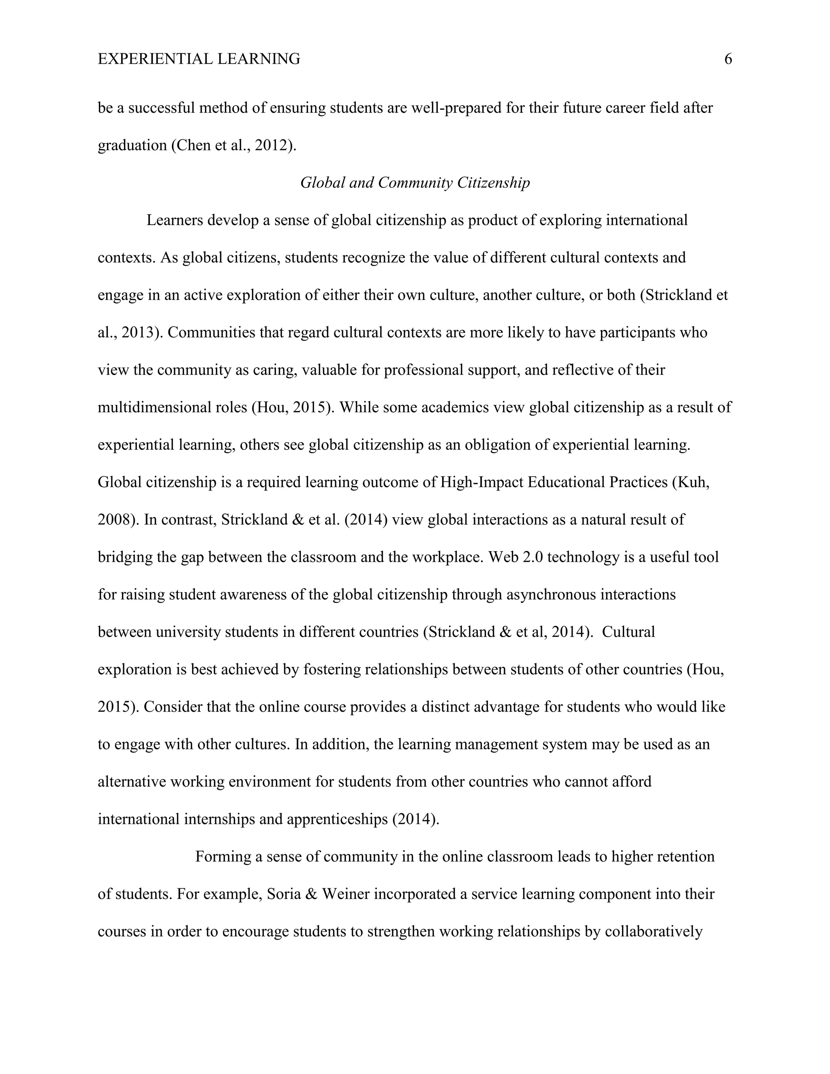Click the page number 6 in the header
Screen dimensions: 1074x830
coord(728,60)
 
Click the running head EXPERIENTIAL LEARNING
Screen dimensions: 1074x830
coord(199,60)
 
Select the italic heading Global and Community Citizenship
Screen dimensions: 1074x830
coord(415,183)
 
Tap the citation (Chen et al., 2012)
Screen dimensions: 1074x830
coord(233,145)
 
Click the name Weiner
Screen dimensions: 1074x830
coord(345,894)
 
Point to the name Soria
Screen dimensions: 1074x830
coord(283,894)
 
